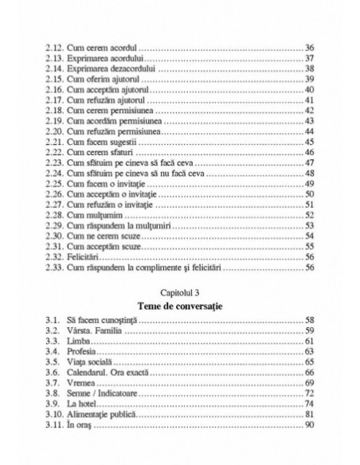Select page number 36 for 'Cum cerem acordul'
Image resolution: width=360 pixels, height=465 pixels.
point(310,49)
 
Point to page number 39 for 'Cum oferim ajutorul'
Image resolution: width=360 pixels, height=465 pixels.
point(310,80)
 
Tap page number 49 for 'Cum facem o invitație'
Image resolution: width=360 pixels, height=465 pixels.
point(310,184)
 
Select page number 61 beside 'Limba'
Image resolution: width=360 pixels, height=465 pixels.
point(310,341)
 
